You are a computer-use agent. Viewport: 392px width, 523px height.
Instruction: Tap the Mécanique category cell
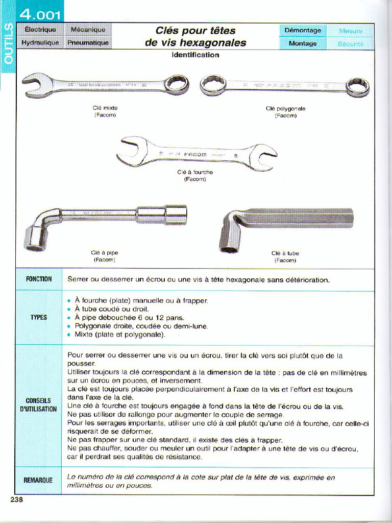pos(88,30)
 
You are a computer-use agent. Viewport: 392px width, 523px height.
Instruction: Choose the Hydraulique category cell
pos(40,43)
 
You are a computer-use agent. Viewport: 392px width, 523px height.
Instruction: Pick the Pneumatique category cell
pos(88,43)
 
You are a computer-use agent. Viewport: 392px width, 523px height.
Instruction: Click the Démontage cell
pos(303,30)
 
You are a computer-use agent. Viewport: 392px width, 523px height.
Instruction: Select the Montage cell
pos(303,43)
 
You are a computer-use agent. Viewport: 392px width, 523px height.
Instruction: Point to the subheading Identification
pos(195,55)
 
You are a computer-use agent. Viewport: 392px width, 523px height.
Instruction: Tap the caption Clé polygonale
pos(285,108)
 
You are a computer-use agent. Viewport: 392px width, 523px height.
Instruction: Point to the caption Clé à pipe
pos(105,253)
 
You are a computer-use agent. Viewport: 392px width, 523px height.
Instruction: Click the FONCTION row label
pos(39,279)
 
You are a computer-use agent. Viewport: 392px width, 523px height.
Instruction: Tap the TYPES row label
pos(39,317)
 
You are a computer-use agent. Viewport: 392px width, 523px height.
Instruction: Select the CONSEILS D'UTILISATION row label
pos(39,405)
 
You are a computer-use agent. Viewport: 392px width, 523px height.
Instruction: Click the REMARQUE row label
pos(39,481)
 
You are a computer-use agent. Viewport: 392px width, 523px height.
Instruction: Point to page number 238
pos(17,500)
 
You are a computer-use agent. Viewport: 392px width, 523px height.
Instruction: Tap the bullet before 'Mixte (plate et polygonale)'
pos(69,335)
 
